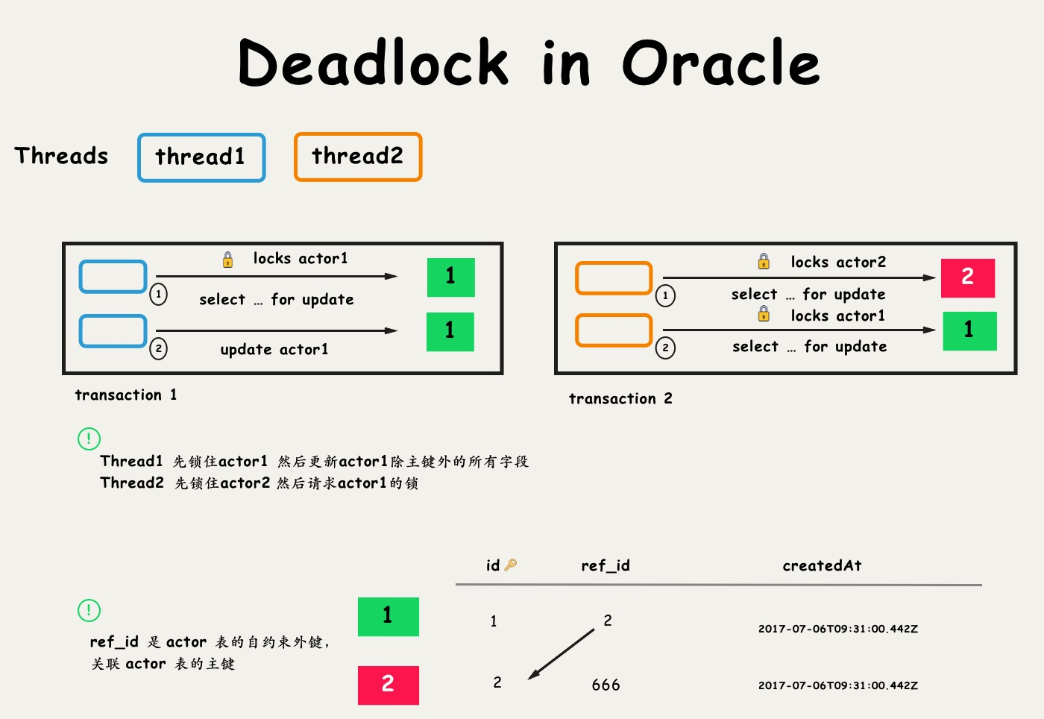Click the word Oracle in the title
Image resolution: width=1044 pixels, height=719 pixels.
[x=720, y=63]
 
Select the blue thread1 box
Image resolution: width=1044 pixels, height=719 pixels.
[x=201, y=157]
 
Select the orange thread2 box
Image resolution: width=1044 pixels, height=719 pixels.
[x=358, y=157]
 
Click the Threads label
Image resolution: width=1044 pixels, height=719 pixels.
[x=61, y=156]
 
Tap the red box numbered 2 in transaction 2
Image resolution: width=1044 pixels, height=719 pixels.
[x=967, y=277]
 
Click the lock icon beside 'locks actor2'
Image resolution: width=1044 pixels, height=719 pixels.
[x=764, y=261]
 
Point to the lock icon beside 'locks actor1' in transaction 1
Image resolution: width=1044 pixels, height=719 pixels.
[x=227, y=260]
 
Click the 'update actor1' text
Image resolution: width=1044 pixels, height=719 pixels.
[x=274, y=349]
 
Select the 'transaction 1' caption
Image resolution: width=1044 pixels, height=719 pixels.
[x=125, y=395]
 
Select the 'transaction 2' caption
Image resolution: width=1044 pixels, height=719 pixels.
[x=620, y=398]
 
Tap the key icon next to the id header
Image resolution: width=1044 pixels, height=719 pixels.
[x=511, y=565]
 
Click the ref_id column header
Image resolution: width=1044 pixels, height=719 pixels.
[x=605, y=565]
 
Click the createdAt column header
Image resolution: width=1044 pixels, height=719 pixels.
[x=822, y=565]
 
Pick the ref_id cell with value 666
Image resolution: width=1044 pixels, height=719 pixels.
[x=606, y=685]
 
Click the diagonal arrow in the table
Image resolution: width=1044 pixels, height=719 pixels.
[x=561, y=654]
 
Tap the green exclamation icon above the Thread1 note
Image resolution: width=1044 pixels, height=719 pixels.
[x=89, y=438]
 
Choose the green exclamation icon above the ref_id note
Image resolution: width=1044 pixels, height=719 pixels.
[x=89, y=610]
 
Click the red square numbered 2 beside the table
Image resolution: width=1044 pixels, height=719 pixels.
[x=388, y=685]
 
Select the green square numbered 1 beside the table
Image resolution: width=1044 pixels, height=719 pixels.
[x=388, y=616]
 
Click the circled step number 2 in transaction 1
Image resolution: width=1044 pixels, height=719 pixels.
[x=158, y=348]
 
